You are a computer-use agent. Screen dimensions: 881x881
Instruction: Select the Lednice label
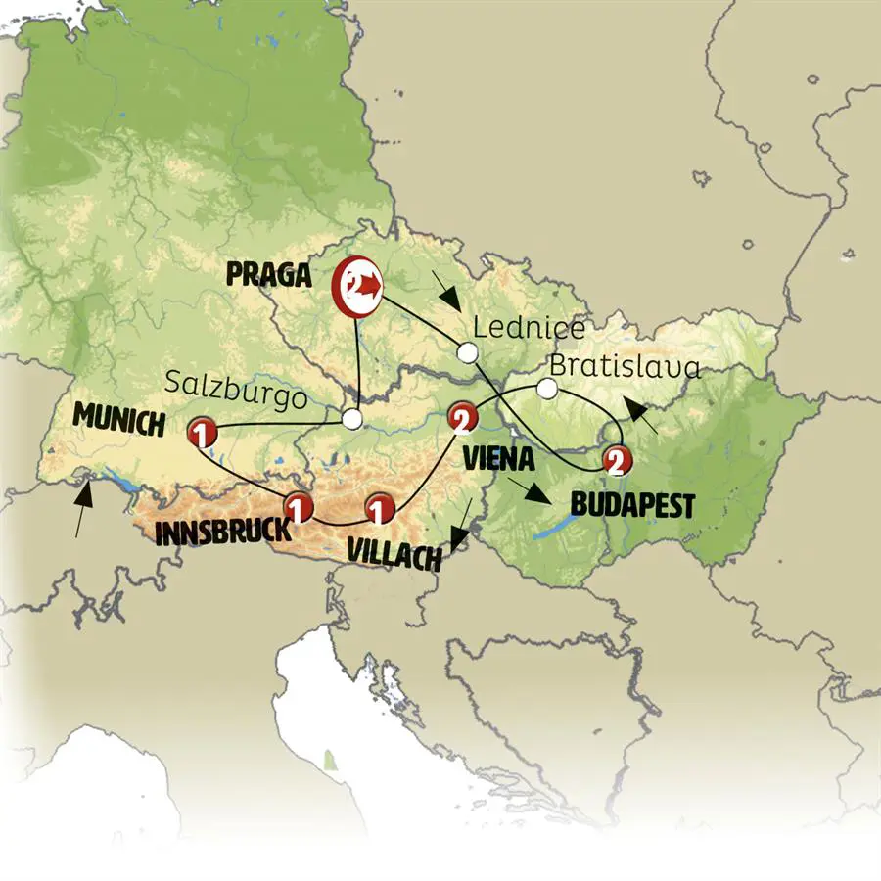[528, 328]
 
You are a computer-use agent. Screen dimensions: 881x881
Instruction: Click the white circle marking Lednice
[468, 352]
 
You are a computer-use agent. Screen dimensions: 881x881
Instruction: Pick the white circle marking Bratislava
[547, 390]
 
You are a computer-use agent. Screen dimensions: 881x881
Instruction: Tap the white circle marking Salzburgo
[352, 419]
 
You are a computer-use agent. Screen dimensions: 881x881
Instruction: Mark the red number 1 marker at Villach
[380, 508]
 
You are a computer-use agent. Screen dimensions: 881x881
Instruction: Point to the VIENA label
[499, 457]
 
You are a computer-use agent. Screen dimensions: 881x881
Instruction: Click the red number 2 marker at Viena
[461, 419]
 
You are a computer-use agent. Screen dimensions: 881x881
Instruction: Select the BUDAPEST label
[632, 505]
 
